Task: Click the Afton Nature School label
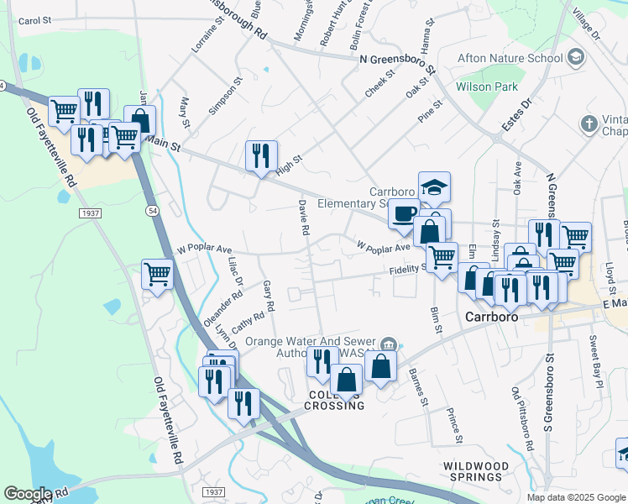pyautogui.click(x=509, y=58)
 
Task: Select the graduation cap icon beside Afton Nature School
pyautogui.click(x=576, y=57)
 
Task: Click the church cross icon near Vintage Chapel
pyautogui.click(x=589, y=124)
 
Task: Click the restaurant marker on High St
pyautogui.click(x=261, y=155)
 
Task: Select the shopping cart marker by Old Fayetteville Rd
pyautogui.click(x=157, y=274)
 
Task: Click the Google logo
pyautogui.click(x=28, y=494)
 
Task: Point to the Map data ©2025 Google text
pyautogui.click(x=576, y=497)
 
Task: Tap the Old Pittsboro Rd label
pyautogui.click(x=521, y=419)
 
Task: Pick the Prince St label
pyautogui.click(x=454, y=426)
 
